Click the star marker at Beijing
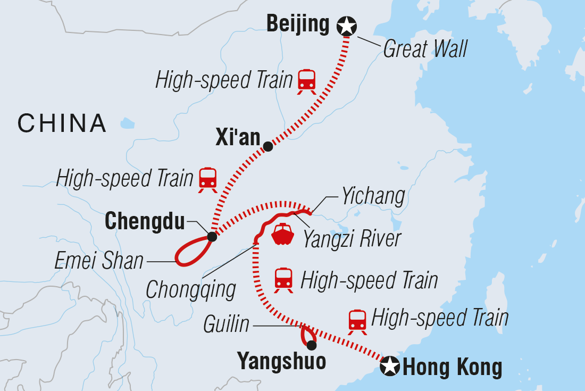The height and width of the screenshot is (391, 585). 347,25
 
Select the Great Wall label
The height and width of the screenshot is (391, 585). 425,49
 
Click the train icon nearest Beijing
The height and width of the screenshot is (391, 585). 307,81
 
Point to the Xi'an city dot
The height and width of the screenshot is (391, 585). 268,146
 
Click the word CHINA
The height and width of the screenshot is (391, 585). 62,123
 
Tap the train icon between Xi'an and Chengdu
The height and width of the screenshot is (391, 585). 207,179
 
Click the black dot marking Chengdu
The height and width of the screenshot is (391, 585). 212,237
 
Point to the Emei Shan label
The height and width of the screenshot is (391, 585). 99,261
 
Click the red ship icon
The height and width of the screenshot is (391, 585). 282,234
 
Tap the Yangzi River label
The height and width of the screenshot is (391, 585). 352,239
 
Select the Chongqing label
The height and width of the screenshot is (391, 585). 191,290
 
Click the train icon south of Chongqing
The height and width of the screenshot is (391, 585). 283,279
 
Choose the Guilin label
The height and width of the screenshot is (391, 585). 227,324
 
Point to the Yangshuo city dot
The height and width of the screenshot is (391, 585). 311,344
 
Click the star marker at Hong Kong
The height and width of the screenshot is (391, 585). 391,366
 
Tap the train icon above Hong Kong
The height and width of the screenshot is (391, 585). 357,321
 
